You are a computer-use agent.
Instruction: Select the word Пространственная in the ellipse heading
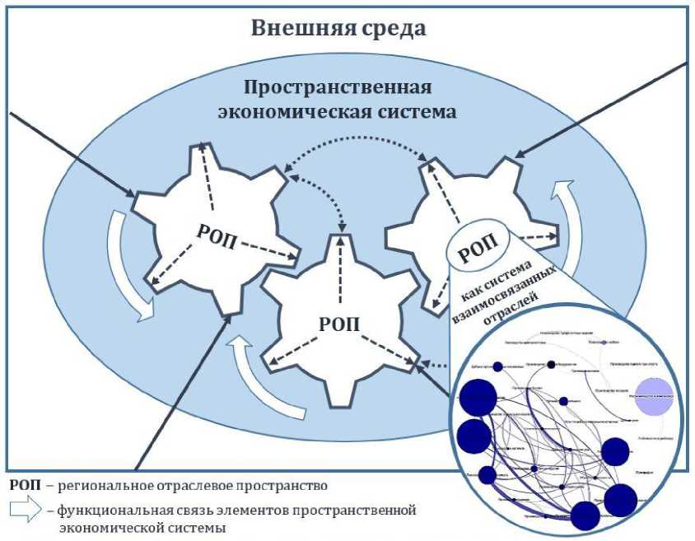[338, 88]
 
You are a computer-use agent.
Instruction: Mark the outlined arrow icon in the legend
[27, 511]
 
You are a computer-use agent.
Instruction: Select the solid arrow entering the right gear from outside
[601, 108]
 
